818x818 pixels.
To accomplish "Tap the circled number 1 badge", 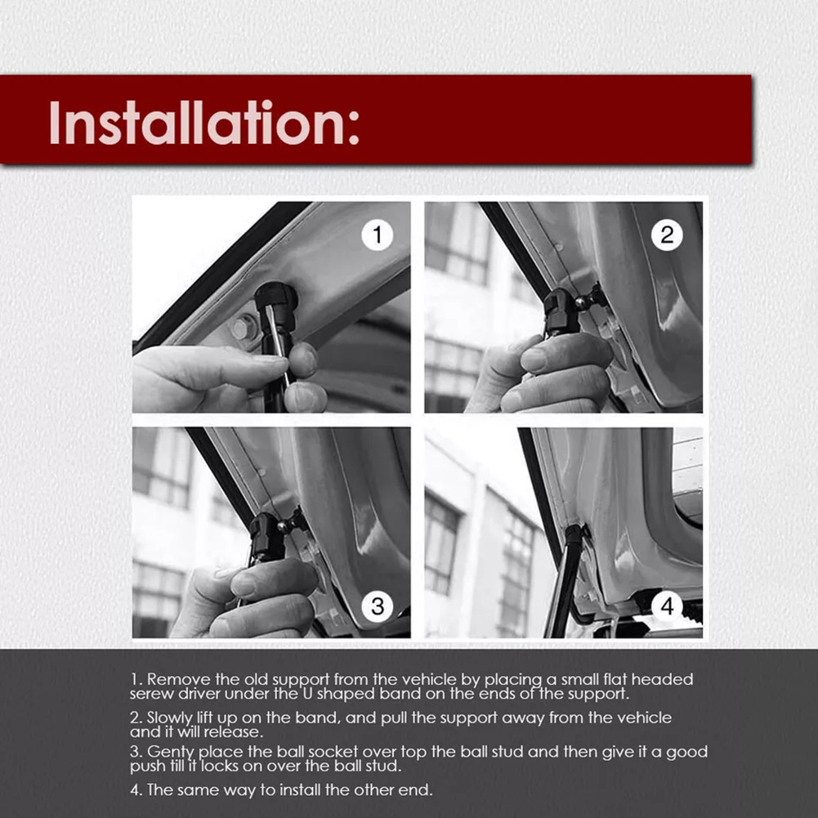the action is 378,235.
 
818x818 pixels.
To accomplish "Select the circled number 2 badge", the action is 667,235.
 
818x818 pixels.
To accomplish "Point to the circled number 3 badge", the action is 378,606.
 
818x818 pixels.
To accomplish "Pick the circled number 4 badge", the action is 667,606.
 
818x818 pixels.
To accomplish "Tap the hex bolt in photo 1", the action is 240,329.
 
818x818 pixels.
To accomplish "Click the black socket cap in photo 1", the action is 276,300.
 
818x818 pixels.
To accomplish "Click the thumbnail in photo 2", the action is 533,359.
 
